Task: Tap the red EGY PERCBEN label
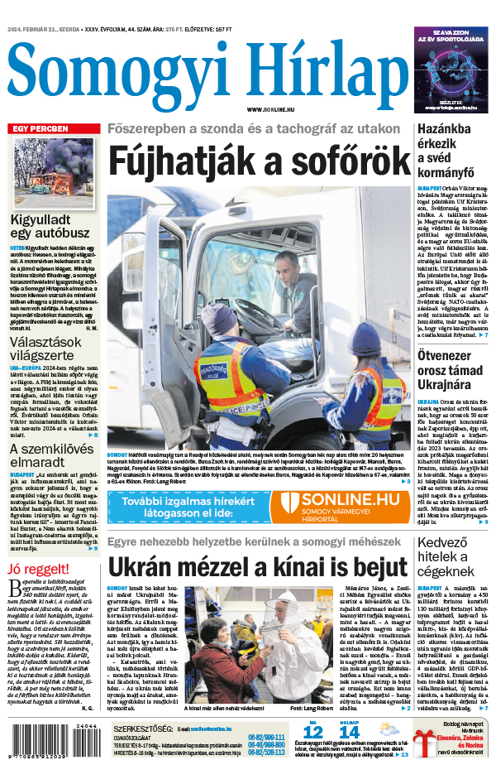coord(40,129)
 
